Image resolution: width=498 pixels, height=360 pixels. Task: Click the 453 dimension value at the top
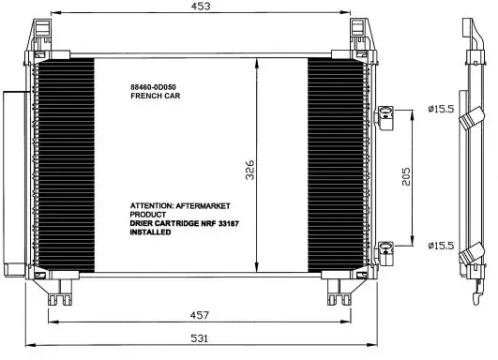coord(201,6)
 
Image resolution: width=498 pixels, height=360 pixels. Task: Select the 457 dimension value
coord(200,315)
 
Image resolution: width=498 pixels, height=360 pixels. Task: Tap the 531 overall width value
coord(200,338)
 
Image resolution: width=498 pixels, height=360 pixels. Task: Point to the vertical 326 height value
coord(250,170)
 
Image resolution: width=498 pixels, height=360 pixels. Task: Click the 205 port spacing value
coord(406,176)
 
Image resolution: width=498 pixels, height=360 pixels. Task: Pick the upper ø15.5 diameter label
coord(441,109)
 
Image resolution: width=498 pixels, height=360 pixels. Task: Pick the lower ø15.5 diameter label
coord(441,246)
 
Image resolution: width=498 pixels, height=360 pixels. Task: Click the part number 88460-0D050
coord(153,87)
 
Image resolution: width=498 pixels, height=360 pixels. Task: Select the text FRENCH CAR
coord(156,96)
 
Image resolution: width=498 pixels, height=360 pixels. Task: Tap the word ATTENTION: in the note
coord(151,205)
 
